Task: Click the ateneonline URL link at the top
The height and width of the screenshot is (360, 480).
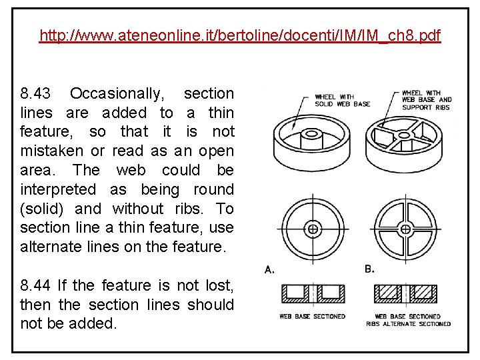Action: click(240, 35)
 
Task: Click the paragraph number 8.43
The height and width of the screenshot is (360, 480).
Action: click(35, 93)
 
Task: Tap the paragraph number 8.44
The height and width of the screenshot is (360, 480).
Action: click(35, 285)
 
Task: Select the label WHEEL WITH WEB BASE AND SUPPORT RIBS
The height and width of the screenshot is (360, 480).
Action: click(427, 100)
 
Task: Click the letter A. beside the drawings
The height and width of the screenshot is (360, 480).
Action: click(270, 269)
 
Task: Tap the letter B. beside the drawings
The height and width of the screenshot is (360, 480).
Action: click(370, 269)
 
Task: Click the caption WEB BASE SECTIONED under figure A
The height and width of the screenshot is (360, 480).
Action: click(312, 316)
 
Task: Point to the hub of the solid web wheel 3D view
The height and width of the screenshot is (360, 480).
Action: click(311, 135)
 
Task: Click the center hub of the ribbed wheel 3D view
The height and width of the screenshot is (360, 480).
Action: click(405, 135)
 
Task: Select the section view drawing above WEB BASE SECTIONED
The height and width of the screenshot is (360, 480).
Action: click(311, 293)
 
